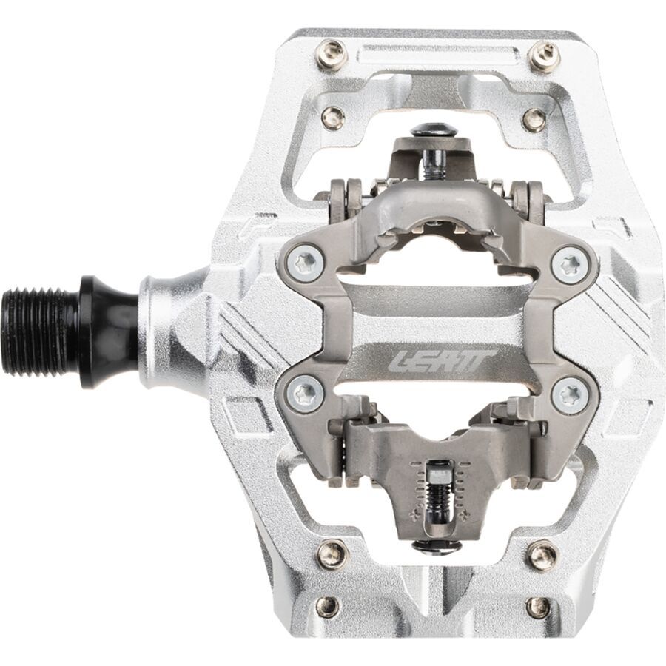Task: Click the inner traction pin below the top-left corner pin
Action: [333, 117]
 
